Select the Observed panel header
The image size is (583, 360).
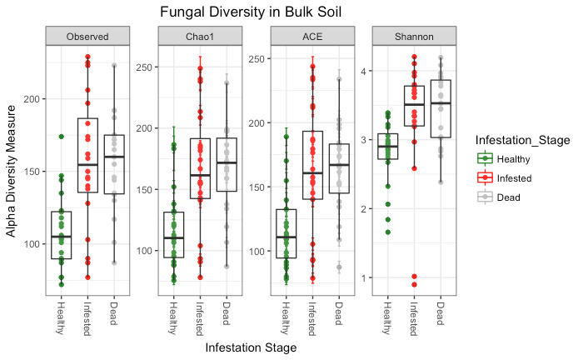(x=87, y=36)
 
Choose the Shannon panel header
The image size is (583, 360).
(x=414, y=36)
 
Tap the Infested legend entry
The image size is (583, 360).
(x=514, y=177)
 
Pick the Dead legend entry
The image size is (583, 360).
(x=508, y=197)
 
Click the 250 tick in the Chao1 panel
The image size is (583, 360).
(x=145, y=67)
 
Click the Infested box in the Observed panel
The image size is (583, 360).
(x=87, y=156)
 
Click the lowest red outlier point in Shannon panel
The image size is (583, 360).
(x=414, y=285)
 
